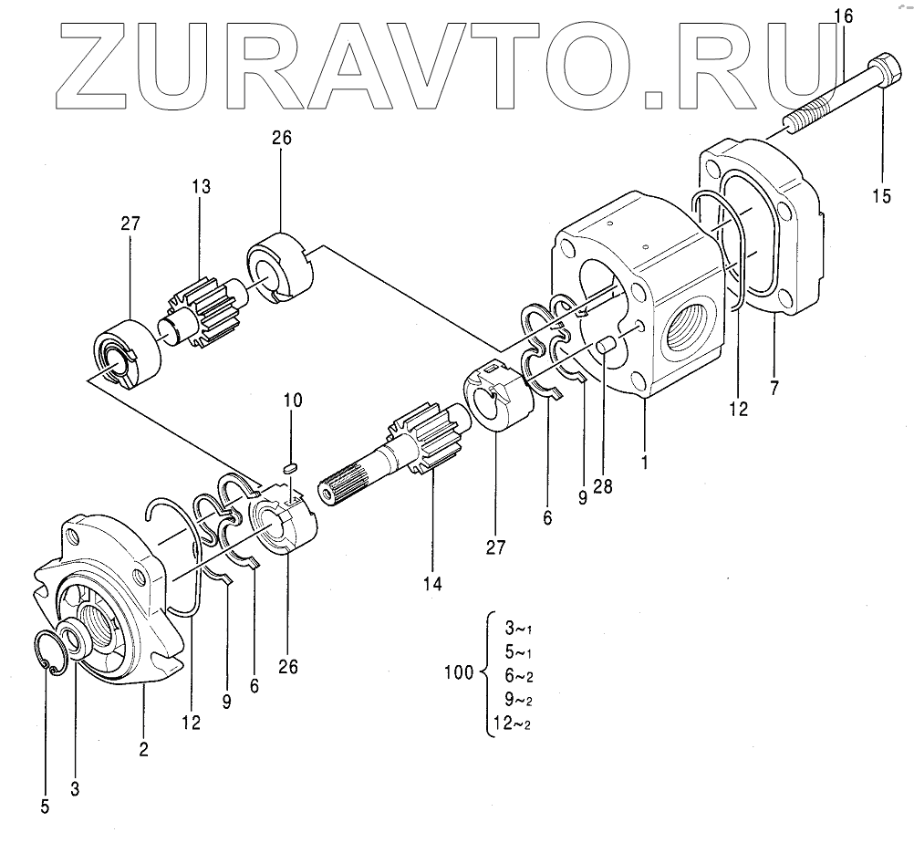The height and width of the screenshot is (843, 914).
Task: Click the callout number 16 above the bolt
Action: [845, 15]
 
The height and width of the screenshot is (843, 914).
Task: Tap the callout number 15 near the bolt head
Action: [881, 194]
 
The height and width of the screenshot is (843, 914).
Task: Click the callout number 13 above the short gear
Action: [201, 187]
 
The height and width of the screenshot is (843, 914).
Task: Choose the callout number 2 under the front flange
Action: [144, 750]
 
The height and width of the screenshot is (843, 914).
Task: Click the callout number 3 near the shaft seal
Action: [76, 787]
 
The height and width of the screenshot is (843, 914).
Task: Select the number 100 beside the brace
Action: [457, 674]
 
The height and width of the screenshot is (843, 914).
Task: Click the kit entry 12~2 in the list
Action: [511, 724]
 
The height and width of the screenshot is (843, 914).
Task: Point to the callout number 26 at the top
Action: [281, 139]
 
